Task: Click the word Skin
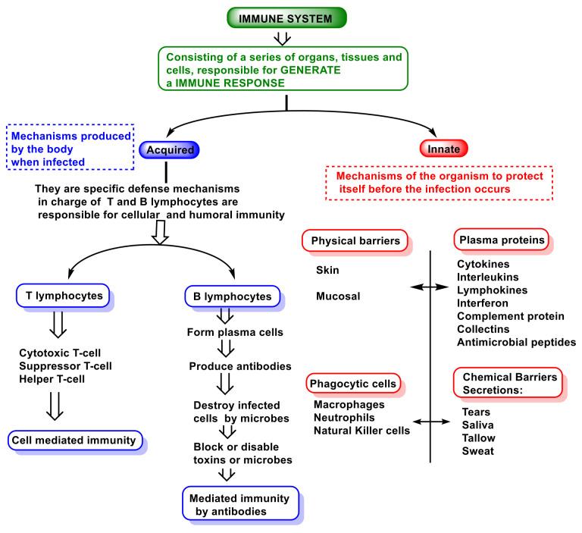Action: pos(327,270)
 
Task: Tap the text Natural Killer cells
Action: pos(361,431)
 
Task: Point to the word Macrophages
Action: pos(352,404)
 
